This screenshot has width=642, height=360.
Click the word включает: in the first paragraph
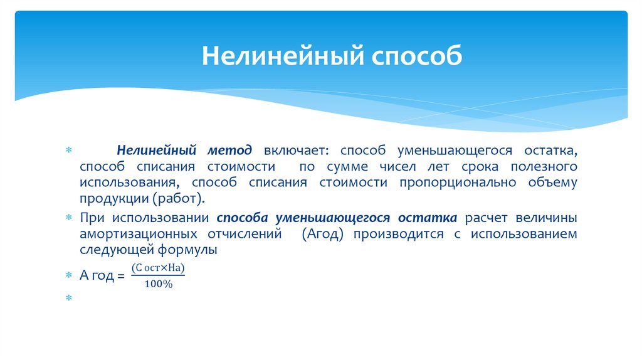point(291,151)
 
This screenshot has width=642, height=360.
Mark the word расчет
point(487,218)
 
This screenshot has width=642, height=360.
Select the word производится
point(396,233)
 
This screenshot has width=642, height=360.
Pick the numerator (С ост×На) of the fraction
point(159,268)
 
